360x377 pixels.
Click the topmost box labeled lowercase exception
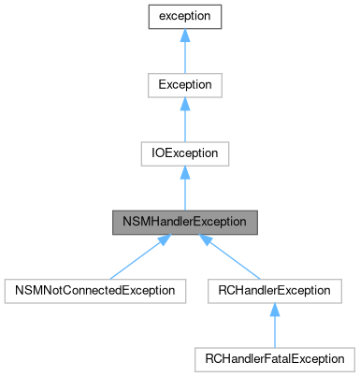pos(184,17)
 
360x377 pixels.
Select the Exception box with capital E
pos(184,85)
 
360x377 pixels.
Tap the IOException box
pos(184,153)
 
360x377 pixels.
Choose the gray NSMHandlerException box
pos(184,222)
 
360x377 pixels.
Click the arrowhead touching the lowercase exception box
pos(184,36)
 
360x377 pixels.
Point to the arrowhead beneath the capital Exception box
pos(184,105)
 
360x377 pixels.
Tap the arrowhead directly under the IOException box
pos(184,173)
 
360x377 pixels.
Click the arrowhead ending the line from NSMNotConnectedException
pos(162,239)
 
